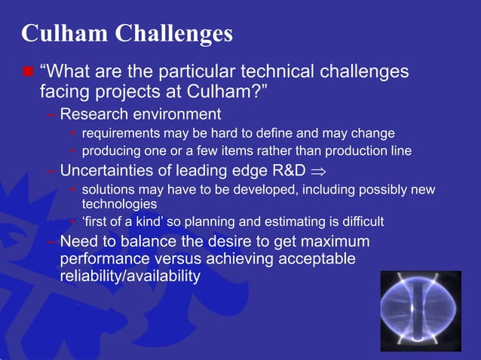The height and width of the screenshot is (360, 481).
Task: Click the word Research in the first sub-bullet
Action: pyautogui.click(x=94, y=114)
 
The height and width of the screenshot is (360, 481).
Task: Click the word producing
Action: pyautogui.click(x=112, y=151)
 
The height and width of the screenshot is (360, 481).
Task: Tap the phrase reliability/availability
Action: pyautogui.click(x=130, y=276)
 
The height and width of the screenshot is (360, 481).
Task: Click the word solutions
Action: pyautogui.click(x=108, y=188)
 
